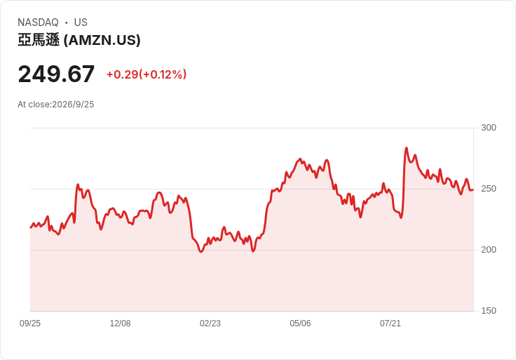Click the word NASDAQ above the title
[x=38, y=22]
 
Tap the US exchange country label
[x=81, y=22]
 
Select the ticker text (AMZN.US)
[x=102, y=40]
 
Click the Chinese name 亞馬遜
[x=39, y=40]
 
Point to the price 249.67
[x=56, y=74]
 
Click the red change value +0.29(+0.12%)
[x=147, y=74]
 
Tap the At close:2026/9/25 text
[x=56, y=105]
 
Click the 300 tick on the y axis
[x=489, y=128]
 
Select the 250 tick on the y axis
[x=489, y=189]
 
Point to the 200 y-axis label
[x=489, y=250]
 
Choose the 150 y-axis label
[x=489, y=311]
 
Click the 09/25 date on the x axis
[x=30, y=324]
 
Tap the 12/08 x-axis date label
[x=120, y=324]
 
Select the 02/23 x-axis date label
[x=210, y=324]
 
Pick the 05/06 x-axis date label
[x=300, y=324]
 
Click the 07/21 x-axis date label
[x=391, y=324]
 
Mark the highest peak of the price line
[x=407, y=148]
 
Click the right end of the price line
[x=473, y=189]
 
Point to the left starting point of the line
[x=31, y=227]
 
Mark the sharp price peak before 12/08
[x=78, y=185]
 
